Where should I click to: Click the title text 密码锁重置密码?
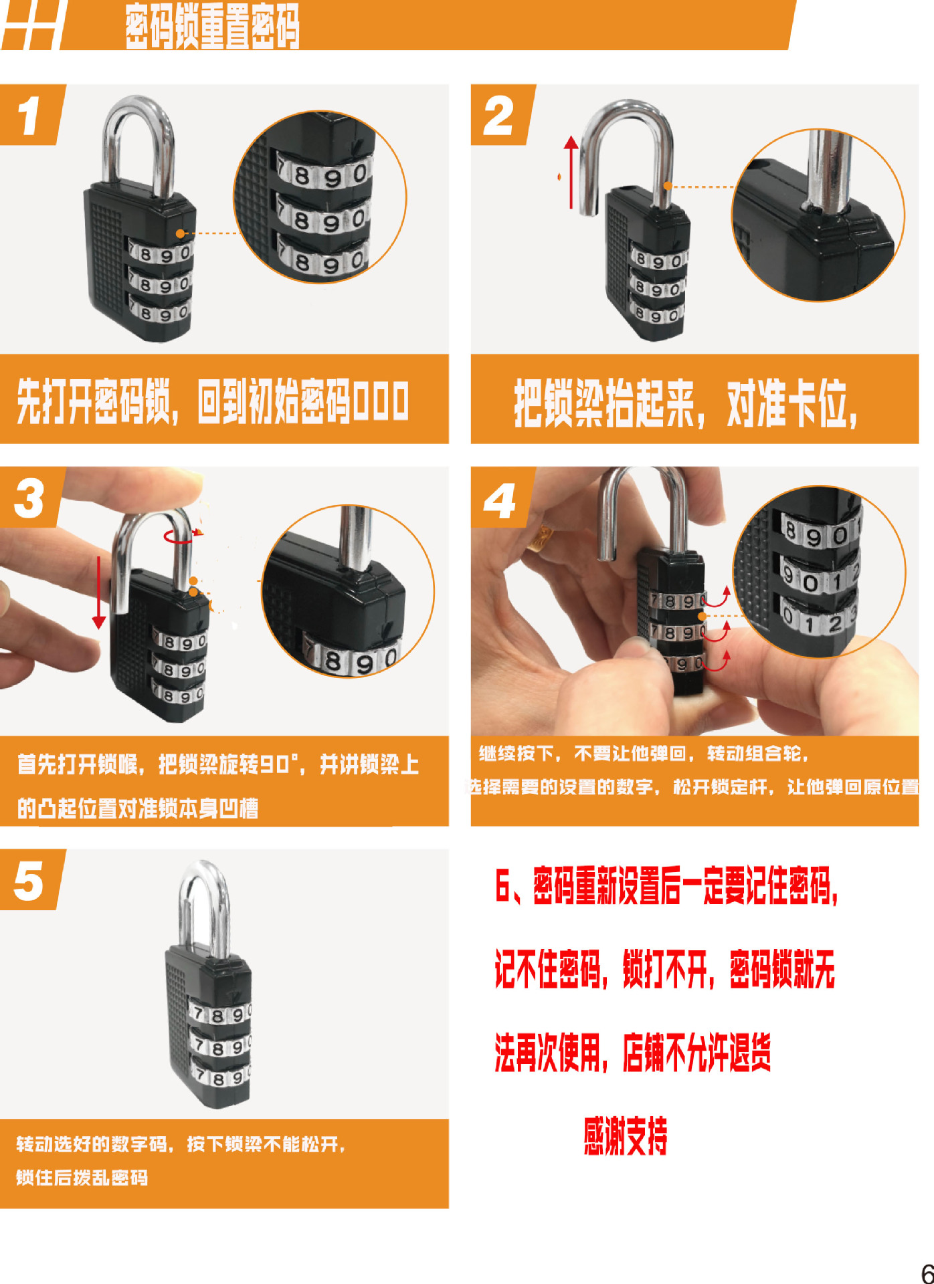[212, 27]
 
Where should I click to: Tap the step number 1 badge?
[29, 115]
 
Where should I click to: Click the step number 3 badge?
[29, 498]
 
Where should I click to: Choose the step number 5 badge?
[29, 880]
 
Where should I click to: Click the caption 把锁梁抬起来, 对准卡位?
[686, 403]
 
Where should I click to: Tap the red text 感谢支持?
[625, 1136]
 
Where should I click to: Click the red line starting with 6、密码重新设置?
[666, 885]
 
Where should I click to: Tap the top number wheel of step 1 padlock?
[161, 254]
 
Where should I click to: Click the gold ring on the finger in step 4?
[541, 538]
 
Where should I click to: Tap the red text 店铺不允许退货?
[696, 1053]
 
